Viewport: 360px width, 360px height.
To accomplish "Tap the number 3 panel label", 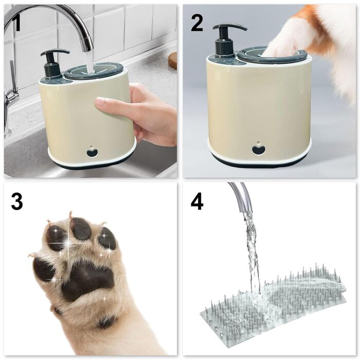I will click(16, 202).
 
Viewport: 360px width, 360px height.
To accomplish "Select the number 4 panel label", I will click(197, 202).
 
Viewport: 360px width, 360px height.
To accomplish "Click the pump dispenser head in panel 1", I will click(54, 54).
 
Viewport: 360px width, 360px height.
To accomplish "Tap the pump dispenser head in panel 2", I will click(229, 28).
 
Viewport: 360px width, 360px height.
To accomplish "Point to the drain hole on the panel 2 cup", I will click(259, 149).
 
